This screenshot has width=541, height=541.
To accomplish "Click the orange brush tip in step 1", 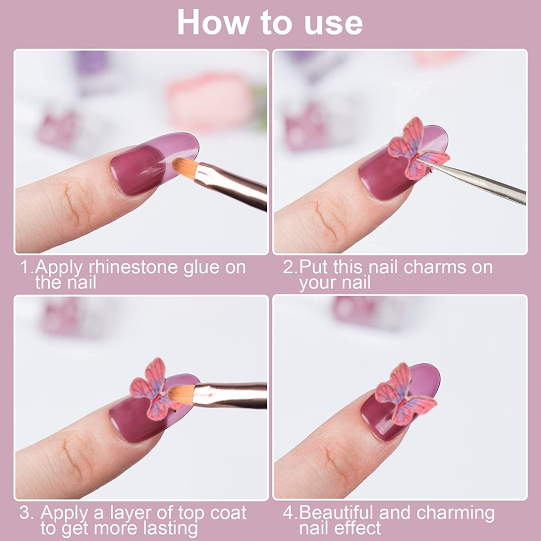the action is coord(185,167).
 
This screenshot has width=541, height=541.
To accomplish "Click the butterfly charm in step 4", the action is coord(404,394).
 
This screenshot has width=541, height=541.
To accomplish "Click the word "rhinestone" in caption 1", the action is coord(133,267).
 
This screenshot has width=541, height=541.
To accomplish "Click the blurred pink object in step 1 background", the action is coord(210,102).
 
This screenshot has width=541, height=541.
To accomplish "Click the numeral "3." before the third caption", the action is coord(27,513).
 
